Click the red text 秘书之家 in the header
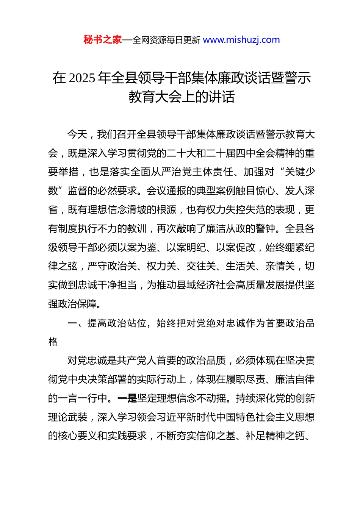[x=103, y=40]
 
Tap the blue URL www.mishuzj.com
[x=241, y=40]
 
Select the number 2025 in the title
[x=83, y=78]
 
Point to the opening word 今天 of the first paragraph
[x=77, y=134]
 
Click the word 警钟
[x=265, y=229]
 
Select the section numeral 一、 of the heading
[x=77, y=323]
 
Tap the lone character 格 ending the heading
[x=53, y=342]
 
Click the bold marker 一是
[x=127, y=398]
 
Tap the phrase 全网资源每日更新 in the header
[x=166, y=40]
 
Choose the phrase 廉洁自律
[x=295, y=379]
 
